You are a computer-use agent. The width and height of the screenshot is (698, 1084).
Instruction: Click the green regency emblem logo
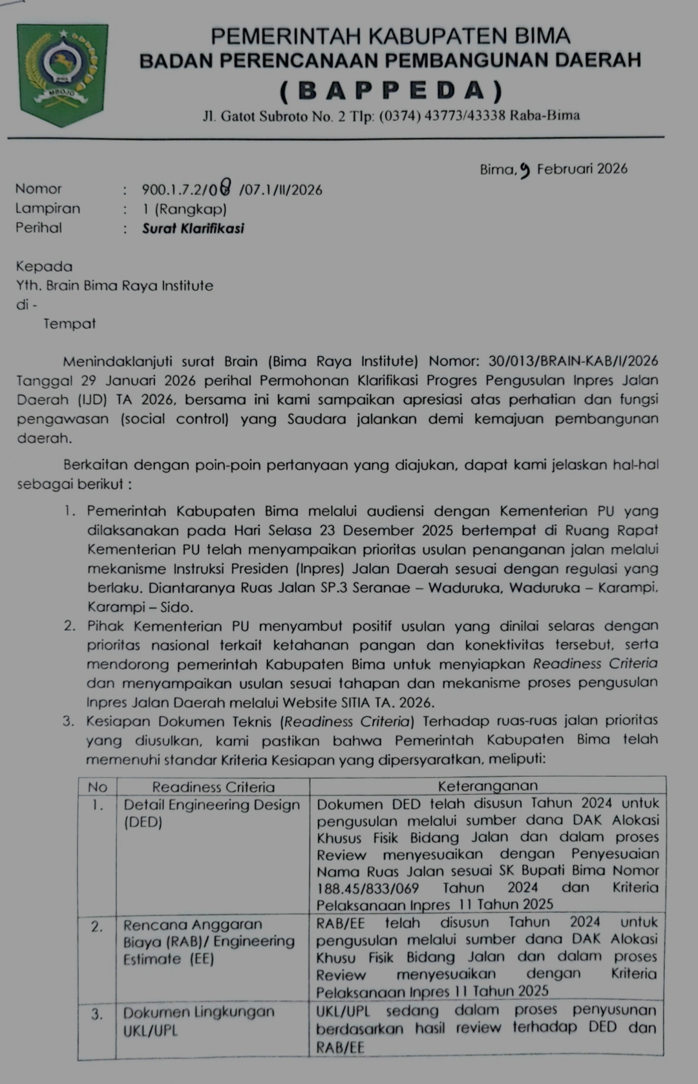[x=62, y=74]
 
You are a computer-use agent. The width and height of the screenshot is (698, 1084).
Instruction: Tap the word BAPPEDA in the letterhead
[x=392, y=90]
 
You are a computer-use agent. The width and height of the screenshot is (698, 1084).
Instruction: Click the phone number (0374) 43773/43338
[x=442, y=116]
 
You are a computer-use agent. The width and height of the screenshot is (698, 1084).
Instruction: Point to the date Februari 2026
[x=582, y=169]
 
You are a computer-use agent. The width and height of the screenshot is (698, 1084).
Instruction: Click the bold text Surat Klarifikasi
[x=193, y=229]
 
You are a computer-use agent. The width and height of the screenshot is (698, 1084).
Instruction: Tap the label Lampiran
[x=48, y=209]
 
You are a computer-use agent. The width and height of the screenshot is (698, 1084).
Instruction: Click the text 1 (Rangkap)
[x=185, y=209]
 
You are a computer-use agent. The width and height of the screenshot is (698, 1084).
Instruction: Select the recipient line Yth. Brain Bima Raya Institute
[x=114, y=285]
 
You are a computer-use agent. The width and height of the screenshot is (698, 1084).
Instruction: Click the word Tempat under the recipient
[x=70, y=323]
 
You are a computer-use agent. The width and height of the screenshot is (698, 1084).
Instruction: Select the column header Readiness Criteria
[x=213, y=787]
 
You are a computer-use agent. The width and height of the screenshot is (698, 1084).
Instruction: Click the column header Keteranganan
[x=487, y=786]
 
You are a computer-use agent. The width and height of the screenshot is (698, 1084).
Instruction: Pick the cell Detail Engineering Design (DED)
[x=211, y=813]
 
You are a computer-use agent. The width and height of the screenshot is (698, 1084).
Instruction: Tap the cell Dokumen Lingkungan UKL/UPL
[x=198, y=1021]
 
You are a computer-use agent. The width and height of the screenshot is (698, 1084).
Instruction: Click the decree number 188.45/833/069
[x=367, y=888]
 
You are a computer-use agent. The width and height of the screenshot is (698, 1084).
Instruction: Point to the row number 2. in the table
[x=97, y=926]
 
